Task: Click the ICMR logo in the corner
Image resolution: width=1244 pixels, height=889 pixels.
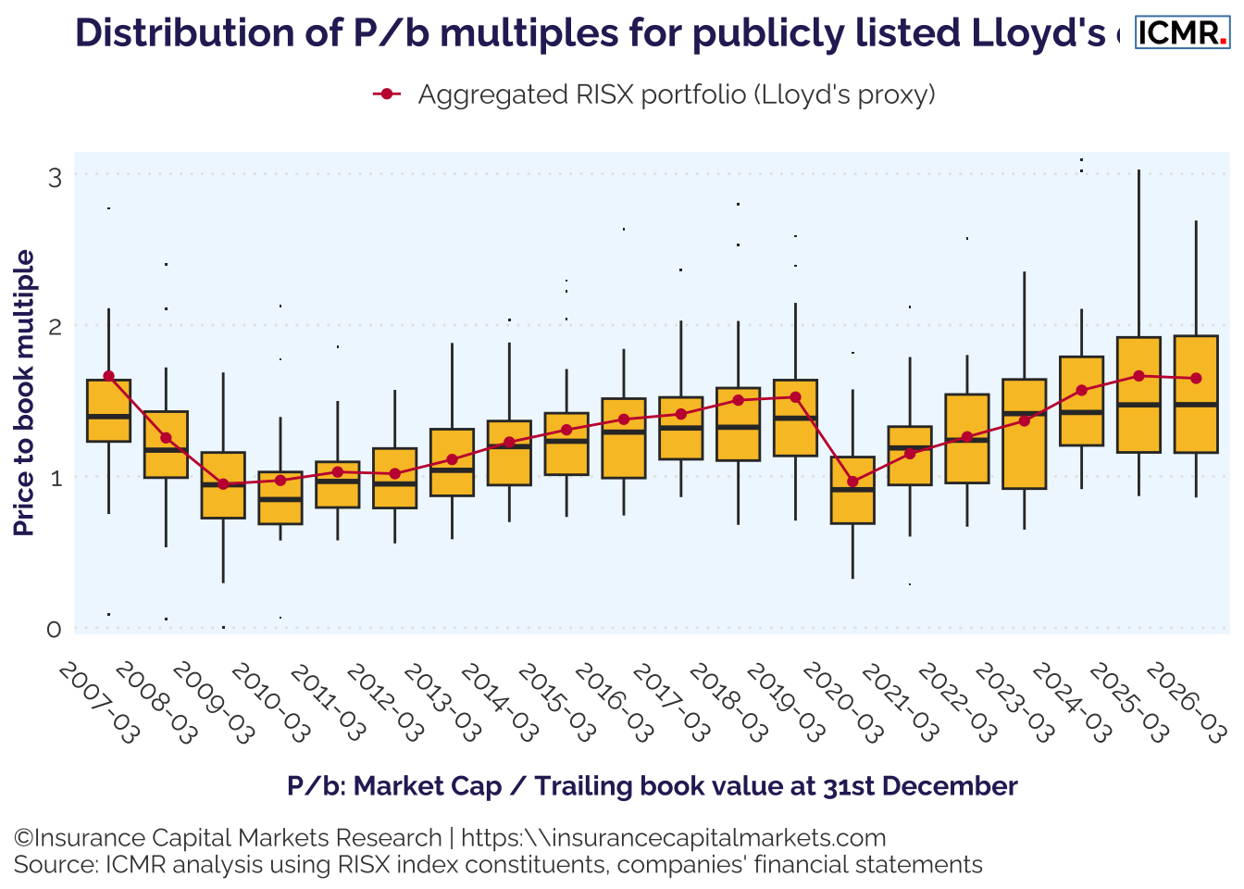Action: point(1181,32)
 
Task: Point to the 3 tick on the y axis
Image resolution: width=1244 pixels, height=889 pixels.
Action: point(55,176)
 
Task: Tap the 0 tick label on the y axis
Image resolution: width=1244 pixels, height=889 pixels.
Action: point(55,630)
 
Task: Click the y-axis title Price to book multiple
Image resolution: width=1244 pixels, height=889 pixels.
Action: point(25,393)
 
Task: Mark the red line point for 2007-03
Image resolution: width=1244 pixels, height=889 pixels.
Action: point(108,376)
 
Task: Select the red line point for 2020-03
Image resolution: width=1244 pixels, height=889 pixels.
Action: point(852,482)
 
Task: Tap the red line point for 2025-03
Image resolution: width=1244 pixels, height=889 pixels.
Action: point(1138,376)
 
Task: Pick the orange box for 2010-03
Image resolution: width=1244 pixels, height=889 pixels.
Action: point(280,498)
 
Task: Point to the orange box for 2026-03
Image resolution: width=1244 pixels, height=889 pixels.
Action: point(1196,394)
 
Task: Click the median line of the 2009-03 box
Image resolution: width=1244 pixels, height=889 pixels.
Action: point(223,484)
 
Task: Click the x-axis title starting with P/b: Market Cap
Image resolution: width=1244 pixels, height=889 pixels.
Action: point(652,786)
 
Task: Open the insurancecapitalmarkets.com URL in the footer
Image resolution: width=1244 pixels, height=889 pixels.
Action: point(673,838)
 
